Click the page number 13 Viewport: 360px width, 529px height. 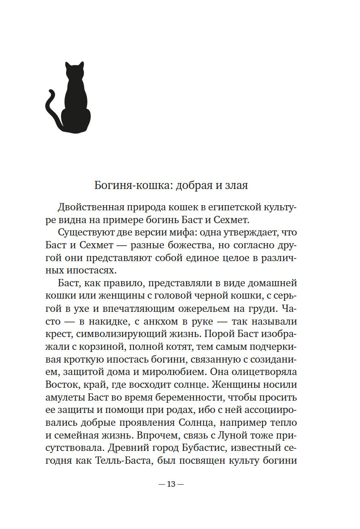tap(171, 484)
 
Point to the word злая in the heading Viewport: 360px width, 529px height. tap(235, 186)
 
